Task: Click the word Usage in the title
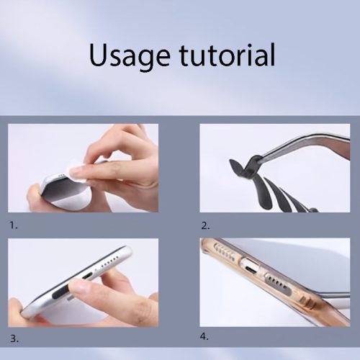coord(130,56)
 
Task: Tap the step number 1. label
coord(14,225)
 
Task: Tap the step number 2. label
coord(205,226)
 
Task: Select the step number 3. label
coord(14,339)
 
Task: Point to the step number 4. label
coord(204,336)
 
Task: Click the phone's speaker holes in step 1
coord(63,175)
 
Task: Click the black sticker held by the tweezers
coord(243,167)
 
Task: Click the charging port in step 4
coord(250,266)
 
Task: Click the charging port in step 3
coord(87,276)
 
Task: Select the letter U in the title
coord(99,55)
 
